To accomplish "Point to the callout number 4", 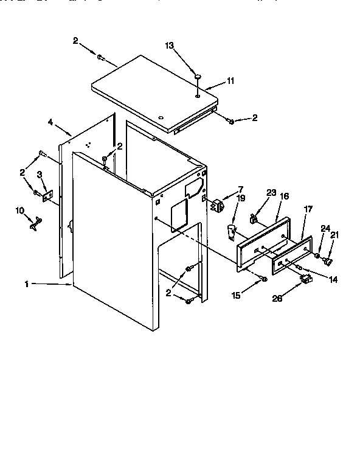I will pyautogui.click(x=50, y=122).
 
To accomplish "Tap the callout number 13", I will pyautogui.click(x=170, y=46).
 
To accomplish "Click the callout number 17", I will pyautogui.click(x=308, y=209).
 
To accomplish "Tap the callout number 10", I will pyautogui.click(x=20, y=210).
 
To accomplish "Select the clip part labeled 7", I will pyautogui.click(x=215, y=205).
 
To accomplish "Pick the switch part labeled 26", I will pyautogui.click(x=306, y=280).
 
